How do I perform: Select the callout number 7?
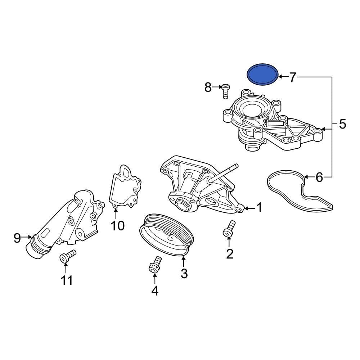coord(293,77)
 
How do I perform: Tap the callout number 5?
coord(342,124)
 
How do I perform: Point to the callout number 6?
coord(319,177)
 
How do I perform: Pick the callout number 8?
coord(208,87)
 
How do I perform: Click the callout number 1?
coord(259,208)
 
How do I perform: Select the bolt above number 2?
coord(229,229)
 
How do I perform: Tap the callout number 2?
coord(230,254)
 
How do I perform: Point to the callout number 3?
coord(184,273)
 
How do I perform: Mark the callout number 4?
coord(155,291)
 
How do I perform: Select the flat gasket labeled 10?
coord(124,187)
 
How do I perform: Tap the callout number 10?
coord(117,226)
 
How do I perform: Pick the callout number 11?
coord(67,280)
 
